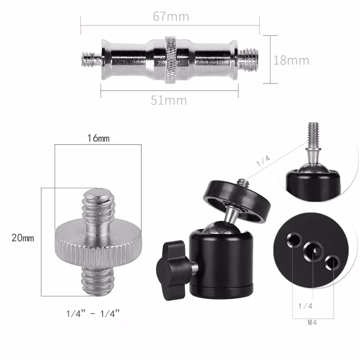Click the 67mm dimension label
(x=171, y=17)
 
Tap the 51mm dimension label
(x=169, y=100)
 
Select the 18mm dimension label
(x=291, y=60)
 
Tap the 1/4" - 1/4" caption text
(x=93, y=313)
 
